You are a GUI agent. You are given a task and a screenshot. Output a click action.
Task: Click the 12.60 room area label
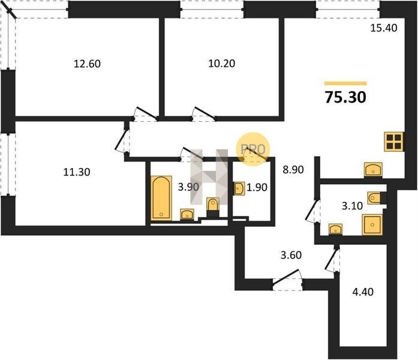pos(87,64)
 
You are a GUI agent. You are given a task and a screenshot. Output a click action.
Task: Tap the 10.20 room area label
pos(221,64)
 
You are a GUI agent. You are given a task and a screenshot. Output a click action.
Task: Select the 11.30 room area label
pos(77,172)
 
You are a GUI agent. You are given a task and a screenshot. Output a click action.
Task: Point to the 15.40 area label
pos(384,28)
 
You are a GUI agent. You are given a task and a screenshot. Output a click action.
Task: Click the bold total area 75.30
pos(345,97)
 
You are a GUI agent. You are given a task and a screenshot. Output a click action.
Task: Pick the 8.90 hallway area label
pos(293,170)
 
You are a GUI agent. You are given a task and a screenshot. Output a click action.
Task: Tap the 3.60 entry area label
pos(291,255)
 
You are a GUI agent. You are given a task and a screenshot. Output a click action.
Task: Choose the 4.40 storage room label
pos(363,292)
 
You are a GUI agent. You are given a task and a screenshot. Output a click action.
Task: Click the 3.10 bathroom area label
pos(352,206)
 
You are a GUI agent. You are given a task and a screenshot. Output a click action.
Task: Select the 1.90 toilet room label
pos(257,187)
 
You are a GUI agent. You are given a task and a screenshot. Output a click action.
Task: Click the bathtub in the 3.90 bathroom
pos(161,198)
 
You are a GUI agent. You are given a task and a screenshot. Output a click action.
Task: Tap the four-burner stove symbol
pos(394,142)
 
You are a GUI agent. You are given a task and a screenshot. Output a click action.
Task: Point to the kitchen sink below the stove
pos(373,169)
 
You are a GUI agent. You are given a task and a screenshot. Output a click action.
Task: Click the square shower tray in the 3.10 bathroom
pos(372,225)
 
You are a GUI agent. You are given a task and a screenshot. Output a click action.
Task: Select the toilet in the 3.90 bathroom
pos(213,205)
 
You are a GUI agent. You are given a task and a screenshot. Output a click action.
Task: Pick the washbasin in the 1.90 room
pos(239,189)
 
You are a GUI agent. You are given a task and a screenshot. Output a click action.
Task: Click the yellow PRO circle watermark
pos(253,149)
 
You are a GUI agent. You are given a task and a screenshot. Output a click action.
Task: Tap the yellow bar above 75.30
pos(345,83)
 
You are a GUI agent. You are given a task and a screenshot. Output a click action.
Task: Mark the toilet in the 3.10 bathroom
pos(374,198)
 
